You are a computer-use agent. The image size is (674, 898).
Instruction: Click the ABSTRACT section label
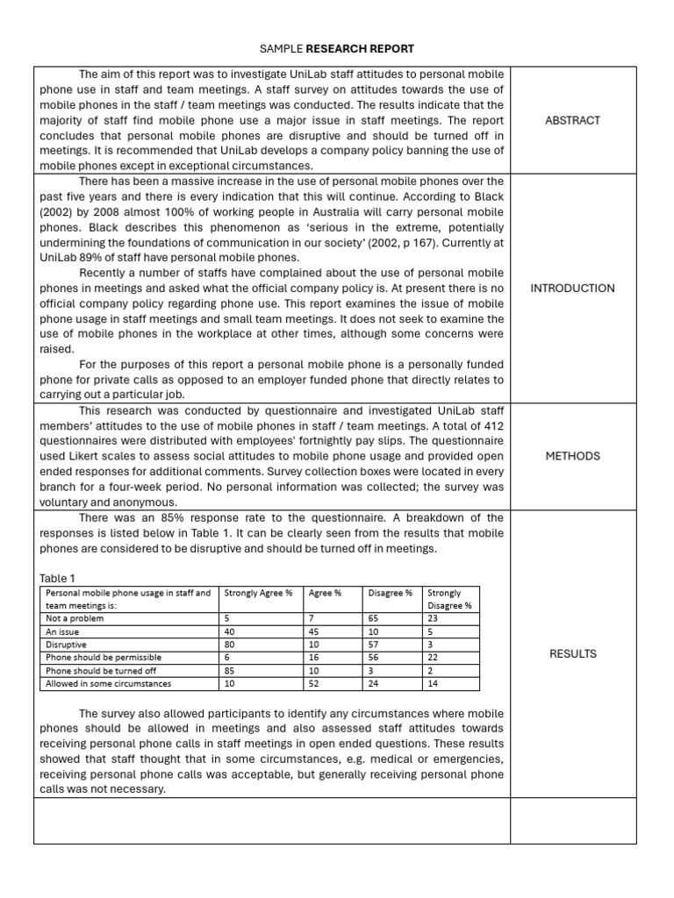click(x=573, y=120)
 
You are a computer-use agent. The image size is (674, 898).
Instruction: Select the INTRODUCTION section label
click(x=573, y=288)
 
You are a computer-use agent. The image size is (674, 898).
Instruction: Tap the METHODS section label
click(x=573, y=456)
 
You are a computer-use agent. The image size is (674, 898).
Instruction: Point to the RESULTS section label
click(x=573, y=653)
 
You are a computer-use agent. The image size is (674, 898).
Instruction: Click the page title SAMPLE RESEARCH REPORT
click(x=337, y=48)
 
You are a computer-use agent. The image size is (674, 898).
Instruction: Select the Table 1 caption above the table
click(x=58, y=578)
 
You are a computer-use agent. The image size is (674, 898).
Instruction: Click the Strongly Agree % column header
click(x=259, y=593)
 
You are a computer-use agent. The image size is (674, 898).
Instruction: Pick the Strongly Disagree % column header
click(x=449, y=599)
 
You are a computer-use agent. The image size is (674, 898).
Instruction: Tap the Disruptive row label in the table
click(x=66, y=644)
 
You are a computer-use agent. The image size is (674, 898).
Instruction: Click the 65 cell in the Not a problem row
click(x=374, y=617)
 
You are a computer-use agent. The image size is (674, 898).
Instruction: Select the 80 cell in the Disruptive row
click(x=231, y=644)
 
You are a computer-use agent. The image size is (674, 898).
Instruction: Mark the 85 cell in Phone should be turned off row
click(x=231, y=670)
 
